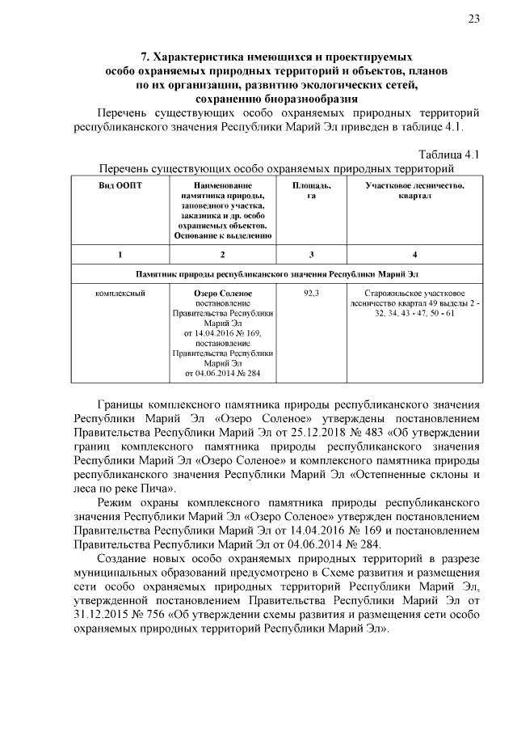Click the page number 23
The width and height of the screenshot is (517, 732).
click(x=473, y=21)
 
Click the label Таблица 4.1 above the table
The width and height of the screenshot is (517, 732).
click(x=450, y=154)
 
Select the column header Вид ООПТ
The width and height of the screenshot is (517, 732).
click(x=120, y=186)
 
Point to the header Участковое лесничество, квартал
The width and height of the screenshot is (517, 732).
click(x=414, y=191)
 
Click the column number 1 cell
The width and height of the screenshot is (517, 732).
click(x=120, y=255)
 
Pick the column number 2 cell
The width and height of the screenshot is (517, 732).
click(x=224, y=255)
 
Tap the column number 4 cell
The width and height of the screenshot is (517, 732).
click(x=414, y=255)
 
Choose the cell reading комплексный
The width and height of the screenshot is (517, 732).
click(x=120, y=293)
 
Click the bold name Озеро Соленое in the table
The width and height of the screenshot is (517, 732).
click(x=224, y=293)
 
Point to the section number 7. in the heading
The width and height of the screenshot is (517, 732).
click(x=146, y=58)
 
